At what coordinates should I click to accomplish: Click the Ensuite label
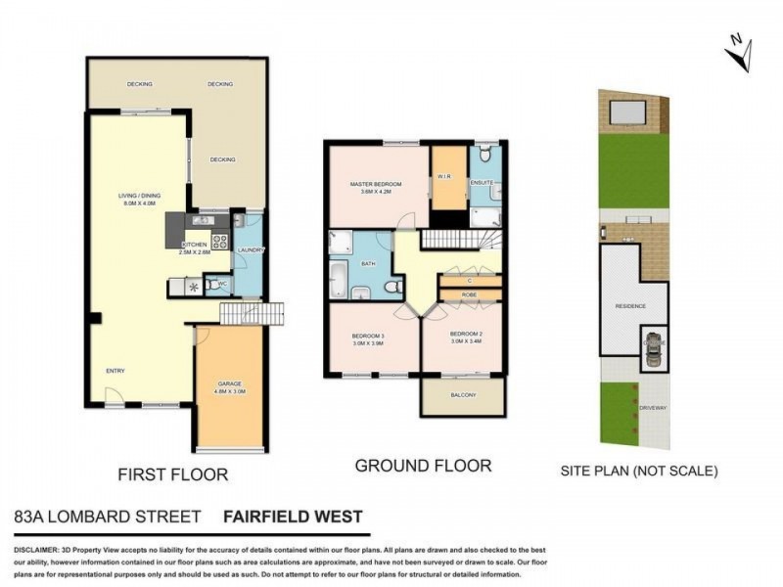tap(483, 182)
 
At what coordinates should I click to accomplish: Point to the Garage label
tap(229, 384)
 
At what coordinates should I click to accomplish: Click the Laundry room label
tap(248, 248)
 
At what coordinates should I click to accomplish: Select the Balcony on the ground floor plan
tap(462, 395)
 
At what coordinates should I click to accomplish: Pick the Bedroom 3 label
tap(368, 338)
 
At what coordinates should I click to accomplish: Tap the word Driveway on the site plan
tap(653, 406)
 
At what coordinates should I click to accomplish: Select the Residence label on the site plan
tap(630, 306)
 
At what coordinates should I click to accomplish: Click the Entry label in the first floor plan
tap(115, 371)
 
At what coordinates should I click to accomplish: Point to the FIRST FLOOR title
tap(172, 474)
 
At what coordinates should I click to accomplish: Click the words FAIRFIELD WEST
tap(293, 517)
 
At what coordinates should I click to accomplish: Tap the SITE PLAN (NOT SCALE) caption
tap(639, 471)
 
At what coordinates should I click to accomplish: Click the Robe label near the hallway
tap(470, 293)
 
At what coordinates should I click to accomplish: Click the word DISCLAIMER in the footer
tap(37, 551)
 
